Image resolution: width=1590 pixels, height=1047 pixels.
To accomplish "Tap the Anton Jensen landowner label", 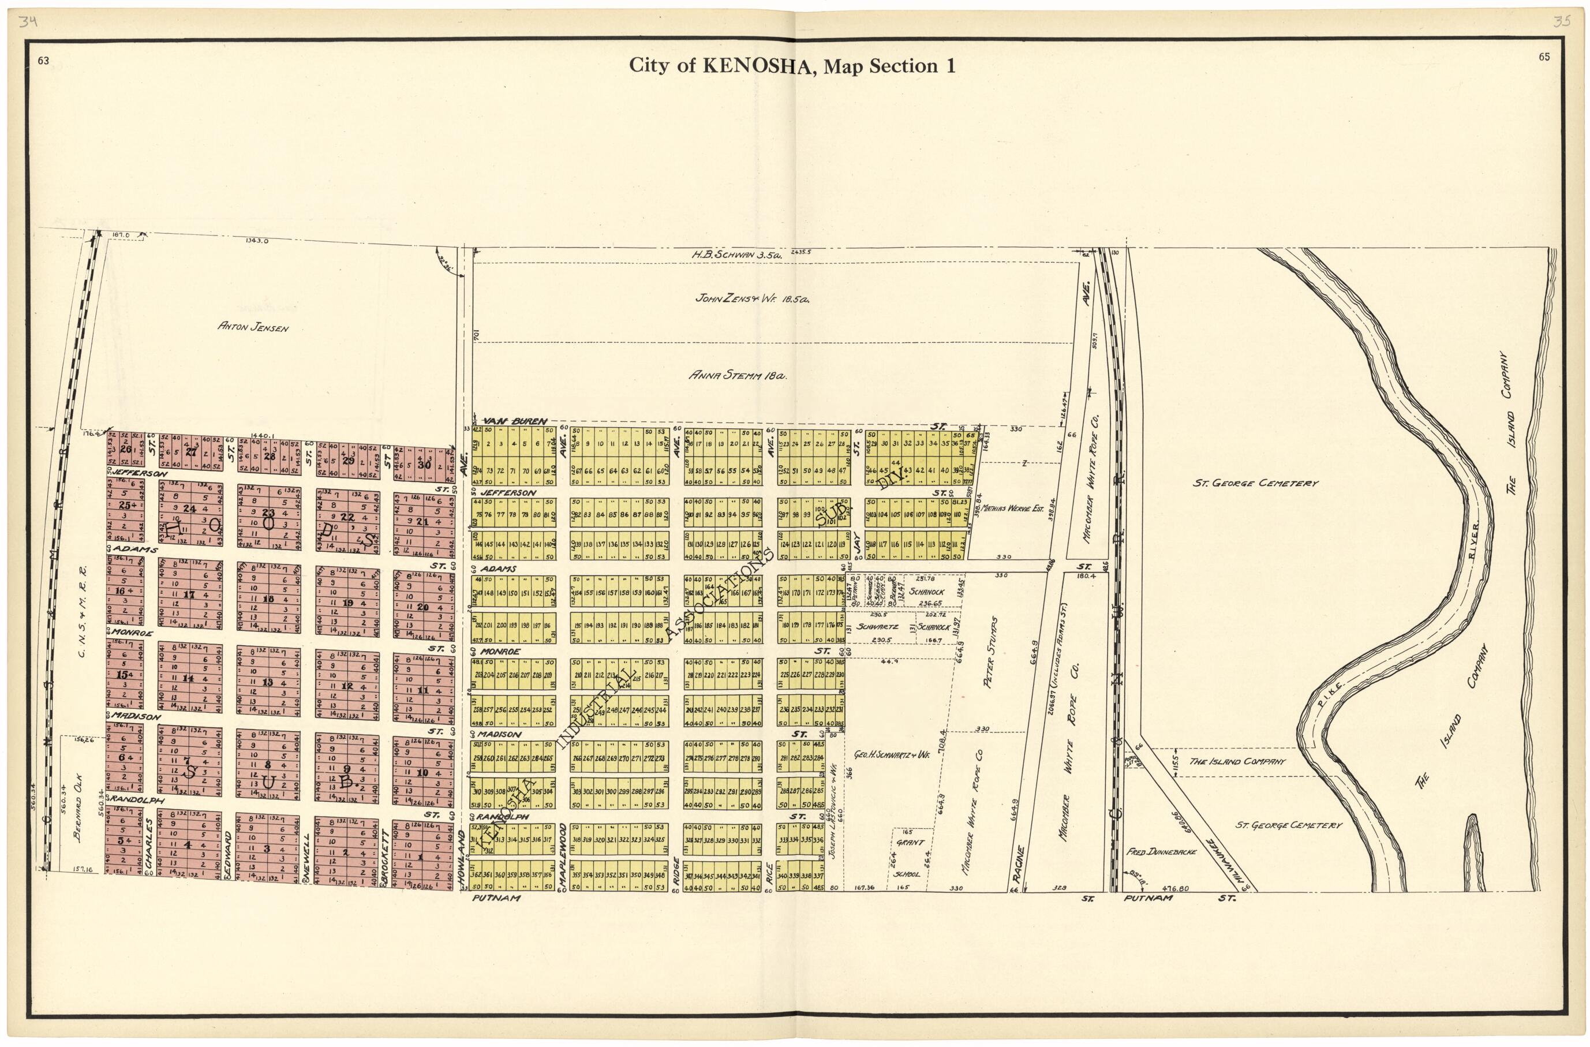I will coord(253,327).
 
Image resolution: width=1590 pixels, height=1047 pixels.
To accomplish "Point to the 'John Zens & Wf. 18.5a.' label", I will coord(752,300).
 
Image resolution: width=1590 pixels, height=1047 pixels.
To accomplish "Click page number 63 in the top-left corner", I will coord(43,60).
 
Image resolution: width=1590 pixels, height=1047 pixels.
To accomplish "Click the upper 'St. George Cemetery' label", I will coord(1255,483).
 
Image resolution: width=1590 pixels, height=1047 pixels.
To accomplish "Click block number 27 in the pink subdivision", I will coord(192,452).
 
